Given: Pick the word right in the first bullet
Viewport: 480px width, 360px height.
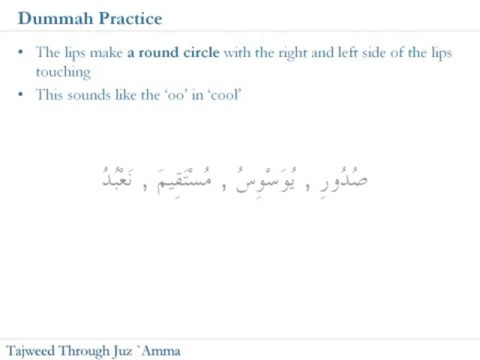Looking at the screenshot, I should (x=286, y=52).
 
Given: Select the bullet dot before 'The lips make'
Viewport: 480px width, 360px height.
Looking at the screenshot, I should (x=22, y=52).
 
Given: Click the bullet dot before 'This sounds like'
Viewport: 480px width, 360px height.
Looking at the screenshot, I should (x=22, y=95).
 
